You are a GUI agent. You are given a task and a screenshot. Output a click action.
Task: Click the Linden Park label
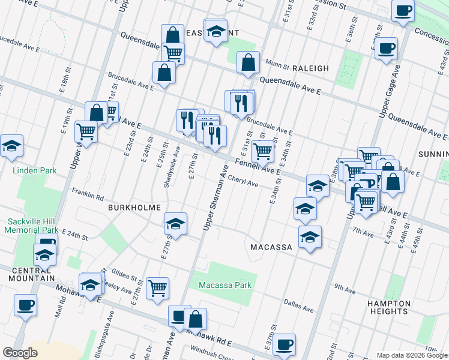35,171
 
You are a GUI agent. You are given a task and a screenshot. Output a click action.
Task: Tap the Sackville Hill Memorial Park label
32,226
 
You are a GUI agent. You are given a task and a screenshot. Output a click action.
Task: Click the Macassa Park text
224,285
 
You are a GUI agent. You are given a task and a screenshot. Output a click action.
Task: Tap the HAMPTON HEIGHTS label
388,307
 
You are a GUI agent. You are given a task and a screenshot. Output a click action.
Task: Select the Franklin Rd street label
88,194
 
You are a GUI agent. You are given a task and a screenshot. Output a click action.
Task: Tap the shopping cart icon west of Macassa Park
157,287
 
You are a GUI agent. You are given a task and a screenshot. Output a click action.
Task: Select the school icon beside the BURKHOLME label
175,223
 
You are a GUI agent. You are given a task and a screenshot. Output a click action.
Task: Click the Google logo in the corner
20,353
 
